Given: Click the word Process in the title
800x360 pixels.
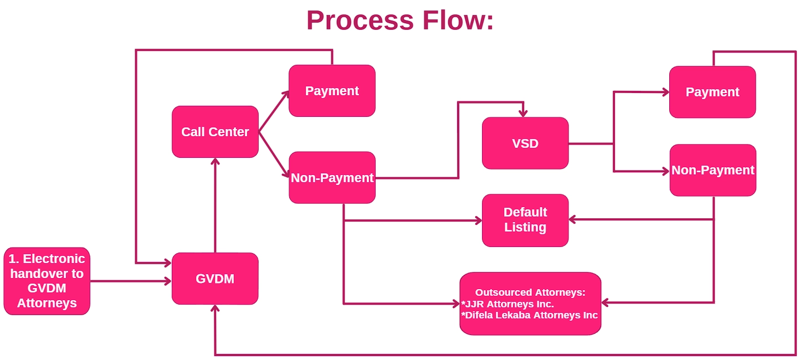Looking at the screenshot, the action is (x=360, y=21).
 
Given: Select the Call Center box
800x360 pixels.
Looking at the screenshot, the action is (x=215, y=132).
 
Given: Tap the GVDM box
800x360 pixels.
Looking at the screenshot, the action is (x=215, y=279).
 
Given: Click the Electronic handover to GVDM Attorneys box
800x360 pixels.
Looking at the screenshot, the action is (x=47, y=281).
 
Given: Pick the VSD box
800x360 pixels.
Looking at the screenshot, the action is (x=525, y=143).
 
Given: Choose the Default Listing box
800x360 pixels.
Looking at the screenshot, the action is (x=525, y=220).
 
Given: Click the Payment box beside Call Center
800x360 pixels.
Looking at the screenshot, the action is (x=332, y=91).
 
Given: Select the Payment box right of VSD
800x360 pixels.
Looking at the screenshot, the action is (x=712, y=92).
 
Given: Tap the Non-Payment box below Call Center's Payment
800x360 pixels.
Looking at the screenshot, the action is (x=332, y=177).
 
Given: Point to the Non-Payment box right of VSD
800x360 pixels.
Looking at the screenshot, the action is (x=713, y=171).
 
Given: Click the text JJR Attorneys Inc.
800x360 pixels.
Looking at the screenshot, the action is (x=507, y=304).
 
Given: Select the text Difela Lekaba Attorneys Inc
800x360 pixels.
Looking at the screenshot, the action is (x=529, y=315).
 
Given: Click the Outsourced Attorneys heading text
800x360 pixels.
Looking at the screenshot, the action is (x=530, y=292).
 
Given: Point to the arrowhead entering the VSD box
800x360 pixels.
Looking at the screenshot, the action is (x=523, y=114).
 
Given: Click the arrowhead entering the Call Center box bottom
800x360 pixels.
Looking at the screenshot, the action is (x=215, y=161).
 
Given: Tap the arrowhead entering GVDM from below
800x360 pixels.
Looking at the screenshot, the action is (x=215, y=308).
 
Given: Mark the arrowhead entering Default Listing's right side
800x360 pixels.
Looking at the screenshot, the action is (x=572, y=219).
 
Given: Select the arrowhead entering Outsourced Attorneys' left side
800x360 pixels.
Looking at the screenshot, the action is (x=456, y=304).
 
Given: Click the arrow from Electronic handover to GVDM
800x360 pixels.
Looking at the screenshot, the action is (x=131, y=281).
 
